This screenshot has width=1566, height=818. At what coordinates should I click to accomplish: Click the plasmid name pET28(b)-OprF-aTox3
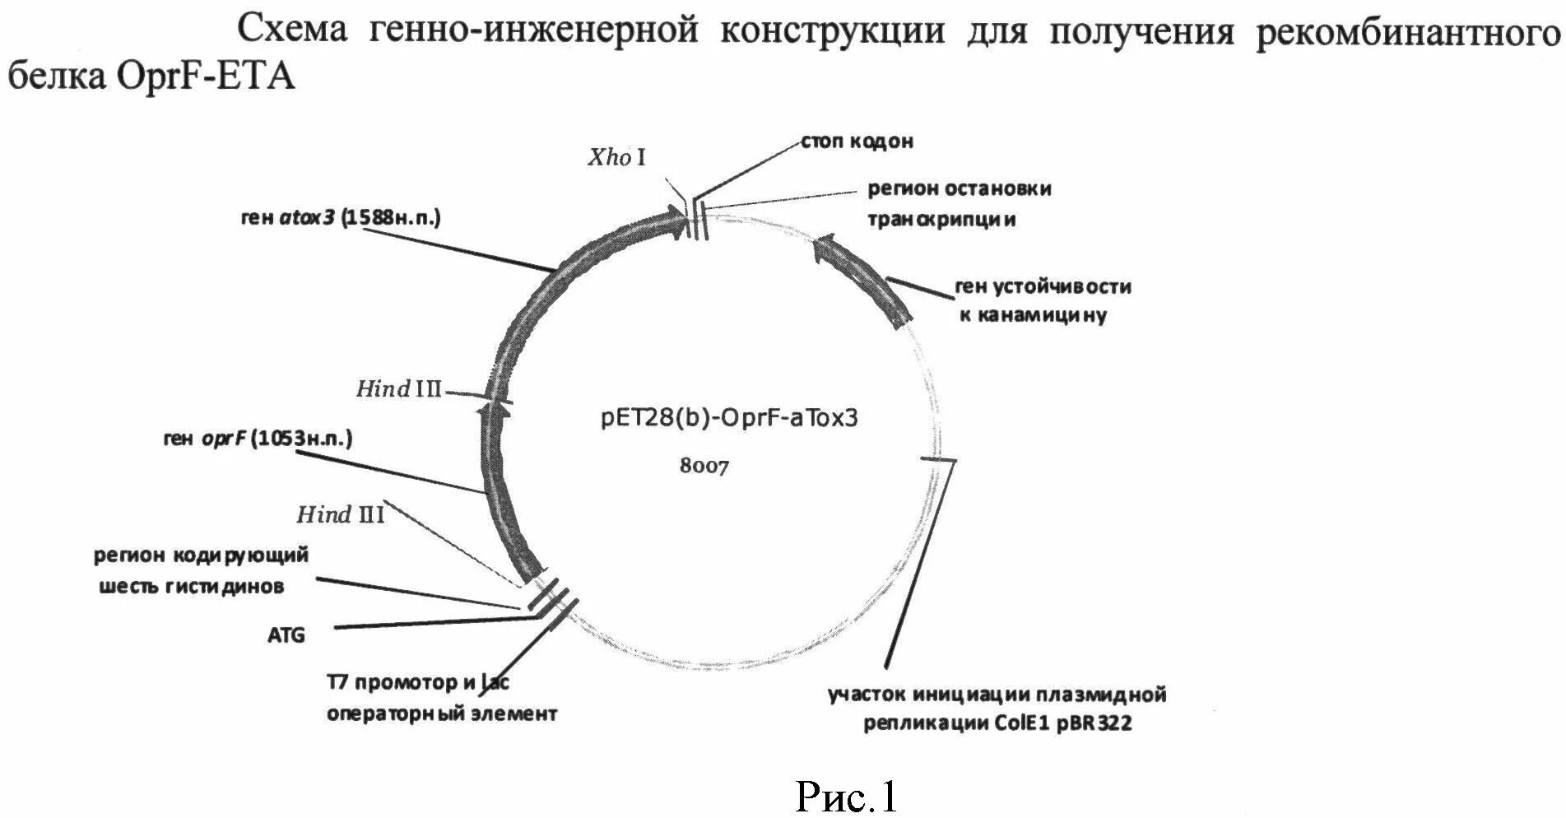[728, 417]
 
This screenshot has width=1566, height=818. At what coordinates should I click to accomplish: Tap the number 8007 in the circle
[704, 466]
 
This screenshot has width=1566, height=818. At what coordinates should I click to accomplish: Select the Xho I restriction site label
[616, 157]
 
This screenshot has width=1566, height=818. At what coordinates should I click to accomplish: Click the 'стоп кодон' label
[857, 142]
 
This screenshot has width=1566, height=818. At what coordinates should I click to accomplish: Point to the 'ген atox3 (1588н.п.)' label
[341, 217]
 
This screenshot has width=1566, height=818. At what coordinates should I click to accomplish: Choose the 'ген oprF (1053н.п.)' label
[258, 439]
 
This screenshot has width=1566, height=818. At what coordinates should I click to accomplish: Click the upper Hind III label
[399, 388]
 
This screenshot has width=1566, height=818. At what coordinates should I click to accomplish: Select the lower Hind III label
[340, 515]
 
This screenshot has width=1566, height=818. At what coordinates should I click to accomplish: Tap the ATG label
[286, 635]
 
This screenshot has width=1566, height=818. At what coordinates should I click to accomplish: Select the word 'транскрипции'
[941, 220]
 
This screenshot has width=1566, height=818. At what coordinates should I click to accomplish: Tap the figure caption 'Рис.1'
[846, 796]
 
